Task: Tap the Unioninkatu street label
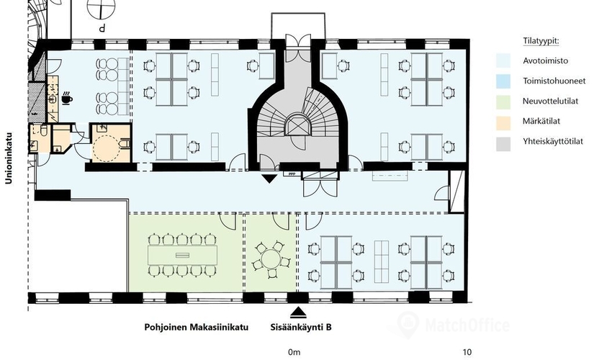pos(9,158)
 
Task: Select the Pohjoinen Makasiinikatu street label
pos(197,327)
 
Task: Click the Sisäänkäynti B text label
pos(301,327)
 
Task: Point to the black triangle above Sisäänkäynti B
pos(298,312)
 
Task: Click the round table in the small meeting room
pos(270,260)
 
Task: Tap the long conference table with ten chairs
pos(182,256)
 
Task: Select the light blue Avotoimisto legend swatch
pos(503,60)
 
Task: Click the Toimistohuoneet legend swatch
pos(503,81)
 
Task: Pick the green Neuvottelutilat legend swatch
pos(503,102)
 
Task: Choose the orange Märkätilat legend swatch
pos(503,122)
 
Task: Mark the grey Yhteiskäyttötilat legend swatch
pos(503,143)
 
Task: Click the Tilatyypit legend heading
pos(541,41)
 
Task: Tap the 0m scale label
pos(294,352)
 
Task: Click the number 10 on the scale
pos(467,352)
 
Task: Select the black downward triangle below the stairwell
pos(269,179)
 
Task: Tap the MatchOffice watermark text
pos(467,325)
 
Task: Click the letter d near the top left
pos(102,28)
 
